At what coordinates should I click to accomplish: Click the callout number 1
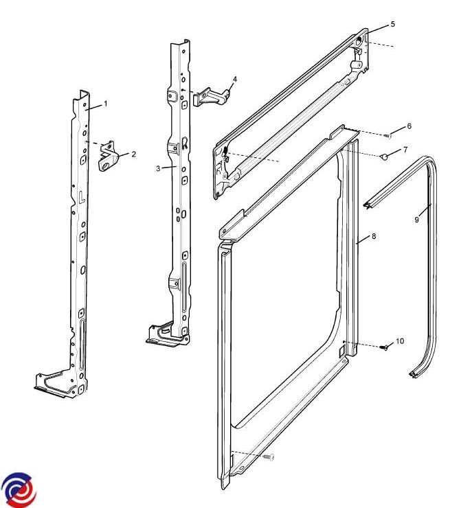[105, 104]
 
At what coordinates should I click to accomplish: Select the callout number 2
[133, 154]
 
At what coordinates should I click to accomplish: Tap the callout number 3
[158, 168]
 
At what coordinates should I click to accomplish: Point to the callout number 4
[235, 80]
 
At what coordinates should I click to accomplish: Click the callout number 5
[393, 24]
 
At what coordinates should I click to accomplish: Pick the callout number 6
[409, 126]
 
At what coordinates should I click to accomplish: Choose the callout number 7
[405, 150]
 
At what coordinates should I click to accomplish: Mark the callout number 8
[374, 236]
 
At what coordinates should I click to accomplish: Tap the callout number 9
[417, 220]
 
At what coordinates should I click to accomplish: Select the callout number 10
[400, 341]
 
